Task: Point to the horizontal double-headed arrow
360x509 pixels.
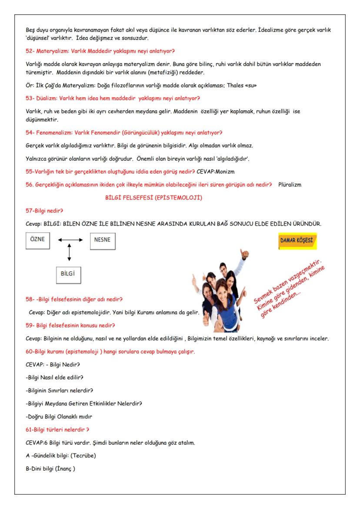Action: tap(70, 240)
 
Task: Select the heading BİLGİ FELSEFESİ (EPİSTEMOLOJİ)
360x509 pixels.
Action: tap(154, 198)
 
